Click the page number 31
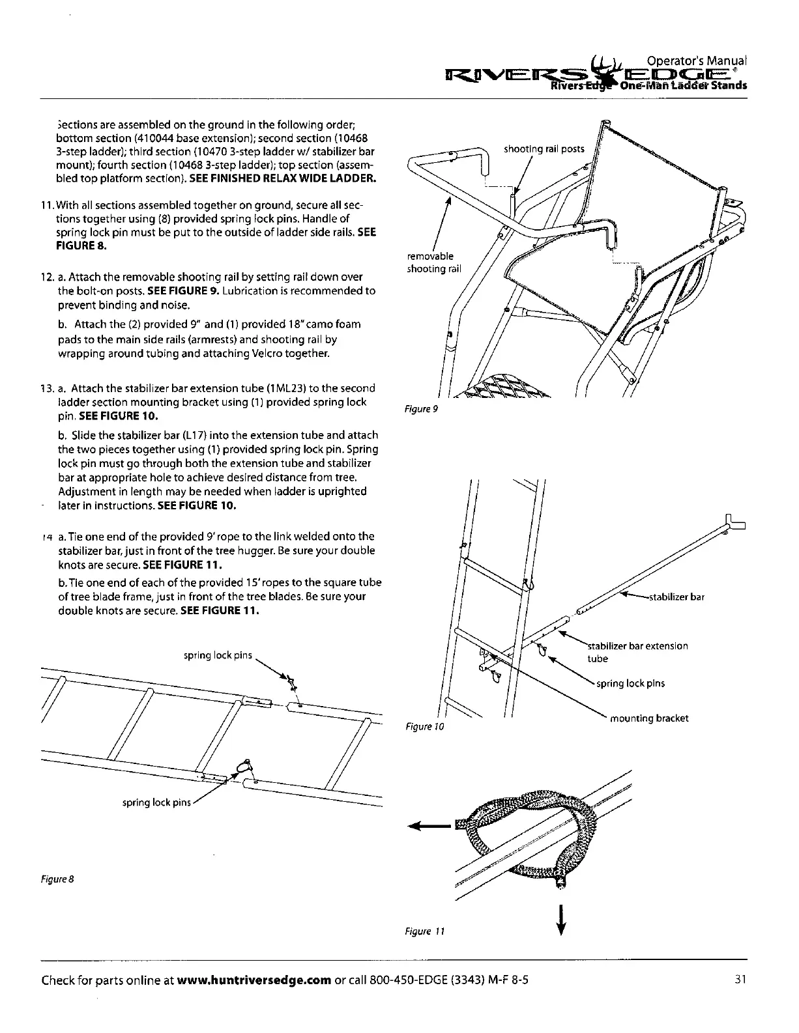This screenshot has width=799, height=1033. tap(739, 979)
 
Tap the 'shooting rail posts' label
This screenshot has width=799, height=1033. tap(544, 149)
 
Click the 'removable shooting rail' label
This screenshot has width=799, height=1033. tap(433, 262)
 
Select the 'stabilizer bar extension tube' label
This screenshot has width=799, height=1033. tap(637, 652)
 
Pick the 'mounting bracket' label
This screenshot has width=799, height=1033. tap(648, 718)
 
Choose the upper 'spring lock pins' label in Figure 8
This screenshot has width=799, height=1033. tap(218, 655)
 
